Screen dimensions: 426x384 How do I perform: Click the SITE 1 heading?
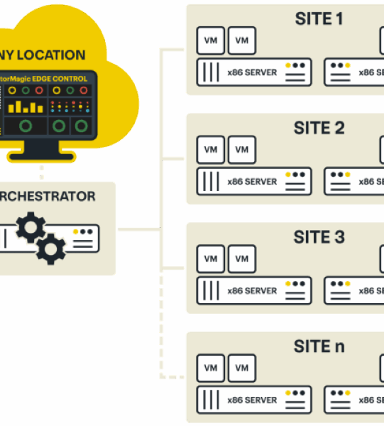319,19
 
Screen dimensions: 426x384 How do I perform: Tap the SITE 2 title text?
319,129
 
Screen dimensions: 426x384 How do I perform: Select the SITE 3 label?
319,237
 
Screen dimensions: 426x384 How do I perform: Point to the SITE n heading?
319,346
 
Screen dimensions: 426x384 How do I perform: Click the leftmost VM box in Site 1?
210,40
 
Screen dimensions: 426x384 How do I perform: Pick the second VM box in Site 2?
242,150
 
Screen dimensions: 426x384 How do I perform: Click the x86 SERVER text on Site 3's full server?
252,291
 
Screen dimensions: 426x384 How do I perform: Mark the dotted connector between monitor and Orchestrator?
41,173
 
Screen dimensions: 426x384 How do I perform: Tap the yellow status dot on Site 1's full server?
289,65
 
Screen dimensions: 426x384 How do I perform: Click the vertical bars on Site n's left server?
209,400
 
